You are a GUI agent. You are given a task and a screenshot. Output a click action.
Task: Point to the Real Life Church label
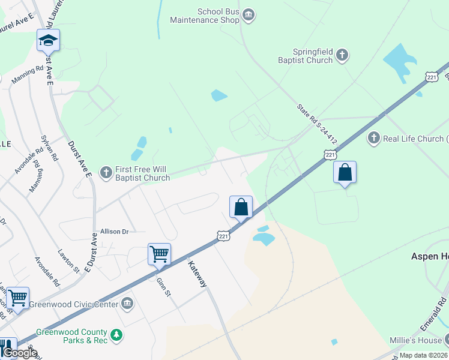click(414, 139)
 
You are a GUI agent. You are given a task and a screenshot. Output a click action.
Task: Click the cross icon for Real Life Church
click(373, 139)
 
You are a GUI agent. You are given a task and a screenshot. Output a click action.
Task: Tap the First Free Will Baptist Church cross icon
click(106, 173)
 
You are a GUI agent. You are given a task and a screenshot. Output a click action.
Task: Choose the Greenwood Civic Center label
click(74, 303)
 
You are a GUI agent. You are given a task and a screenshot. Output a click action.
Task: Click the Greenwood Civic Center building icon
click(127, 303)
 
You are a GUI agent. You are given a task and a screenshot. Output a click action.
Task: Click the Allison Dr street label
click(115, 231)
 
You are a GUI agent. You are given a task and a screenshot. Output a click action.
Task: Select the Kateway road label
click(197, 274)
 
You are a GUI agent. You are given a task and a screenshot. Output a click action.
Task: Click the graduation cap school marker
click(48, 40)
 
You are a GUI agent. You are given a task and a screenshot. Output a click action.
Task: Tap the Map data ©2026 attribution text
click(424, 355)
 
